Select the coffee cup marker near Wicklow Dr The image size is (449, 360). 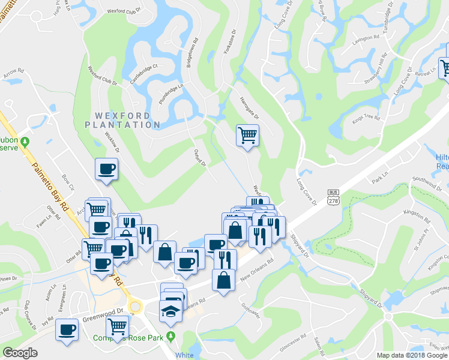106,169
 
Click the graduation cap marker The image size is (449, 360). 170,311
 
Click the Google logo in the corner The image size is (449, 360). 20,353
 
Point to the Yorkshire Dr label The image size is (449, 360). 230,42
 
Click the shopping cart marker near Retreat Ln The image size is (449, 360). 445,67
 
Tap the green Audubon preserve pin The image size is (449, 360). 25,142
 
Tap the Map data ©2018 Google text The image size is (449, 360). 412,355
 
